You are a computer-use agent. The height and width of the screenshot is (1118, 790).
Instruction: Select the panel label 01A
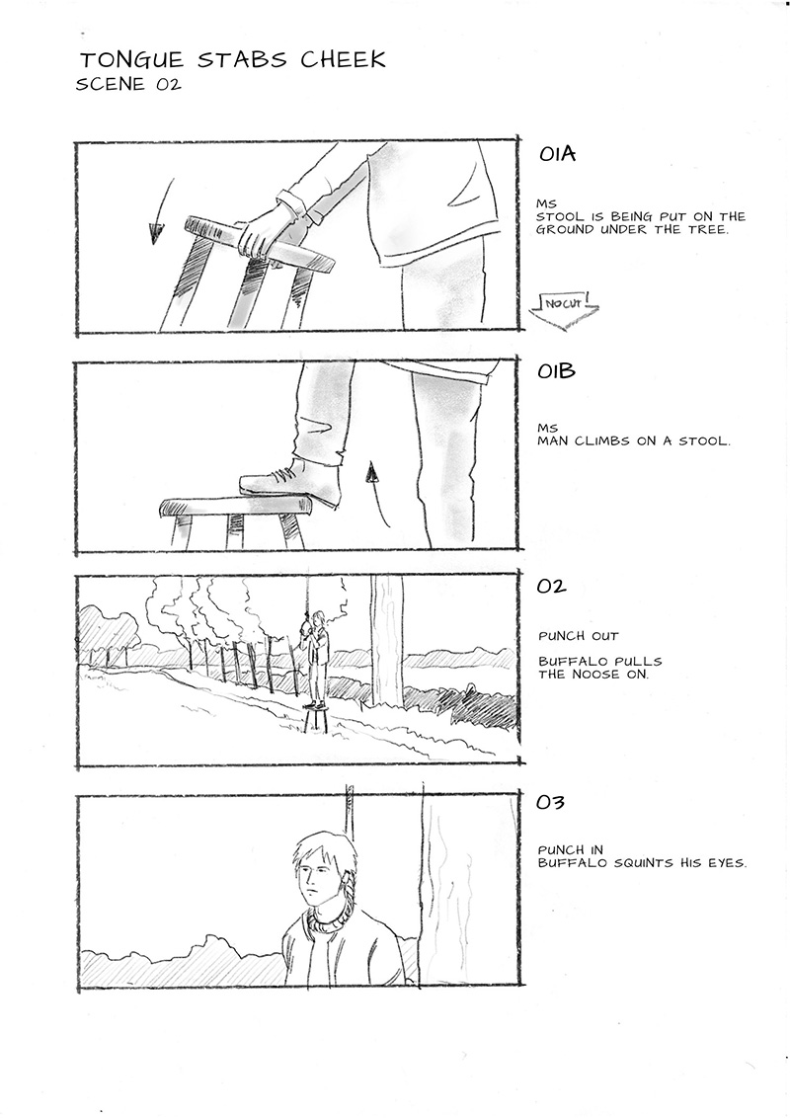pos(558,154)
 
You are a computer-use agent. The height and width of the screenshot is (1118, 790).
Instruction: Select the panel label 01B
pos(557,371)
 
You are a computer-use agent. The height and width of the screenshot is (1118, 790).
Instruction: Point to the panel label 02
pos(552,587)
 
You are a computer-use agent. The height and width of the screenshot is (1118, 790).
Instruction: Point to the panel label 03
pos(551,803)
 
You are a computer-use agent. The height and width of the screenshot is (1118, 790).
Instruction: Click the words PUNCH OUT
pos(579,636)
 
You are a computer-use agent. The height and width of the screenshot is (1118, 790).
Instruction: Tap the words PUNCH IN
pos(571,850)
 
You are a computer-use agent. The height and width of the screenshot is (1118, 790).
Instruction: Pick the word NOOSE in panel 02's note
pos(597,675)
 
